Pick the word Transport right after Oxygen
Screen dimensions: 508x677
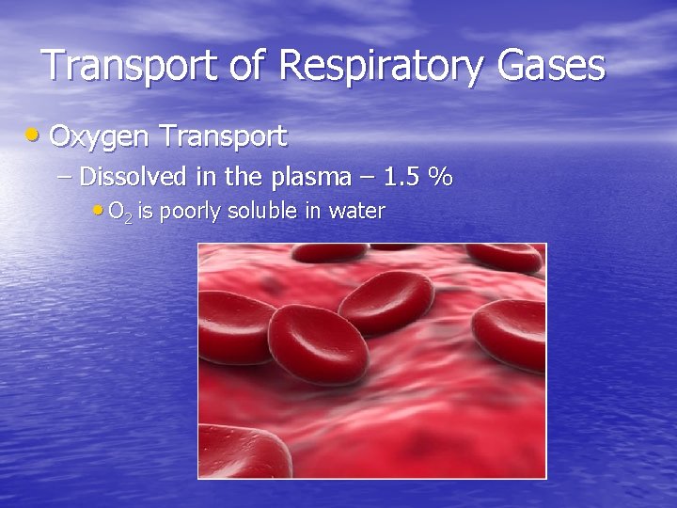[x=223, y=137]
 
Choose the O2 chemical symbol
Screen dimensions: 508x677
[x=120, y=212]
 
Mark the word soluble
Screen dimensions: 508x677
[x=258, y=212]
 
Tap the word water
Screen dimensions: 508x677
[x=354, y=212]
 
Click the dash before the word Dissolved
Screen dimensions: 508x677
[x=68, y=177]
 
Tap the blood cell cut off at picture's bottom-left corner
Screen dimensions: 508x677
[x=239, y=452]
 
